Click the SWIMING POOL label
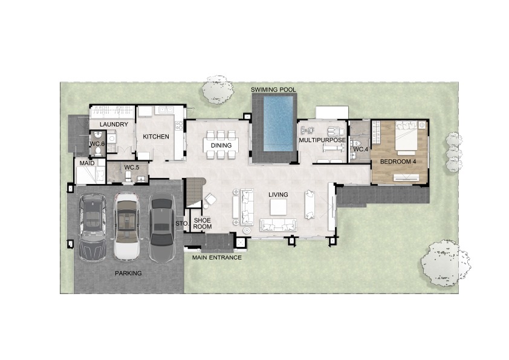click(x=273, y=90)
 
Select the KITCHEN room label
click(x=156, y=137)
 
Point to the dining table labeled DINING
click(x=221, y=145)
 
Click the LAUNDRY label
click(x=114, y=125)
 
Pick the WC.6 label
click(x=97, y=143)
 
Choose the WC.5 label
click(x=132, y=168)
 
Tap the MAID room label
click(x=87, y=163)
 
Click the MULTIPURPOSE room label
click(x=322, y=140)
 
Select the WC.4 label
click(x=361, y=150)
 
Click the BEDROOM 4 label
click(x=398, y=162)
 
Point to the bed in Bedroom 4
click(x=406, y=137)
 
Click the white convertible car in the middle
click(x=126, y=226)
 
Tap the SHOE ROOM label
click(x=203, y=223)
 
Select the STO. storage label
click(x=182, y=223)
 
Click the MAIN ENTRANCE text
click(x=217, y=258)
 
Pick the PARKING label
click(x=128, y=273)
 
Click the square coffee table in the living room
click(x=279, y=207)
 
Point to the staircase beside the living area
click(x=194, y=192)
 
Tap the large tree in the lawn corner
click(x=446, y=263)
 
